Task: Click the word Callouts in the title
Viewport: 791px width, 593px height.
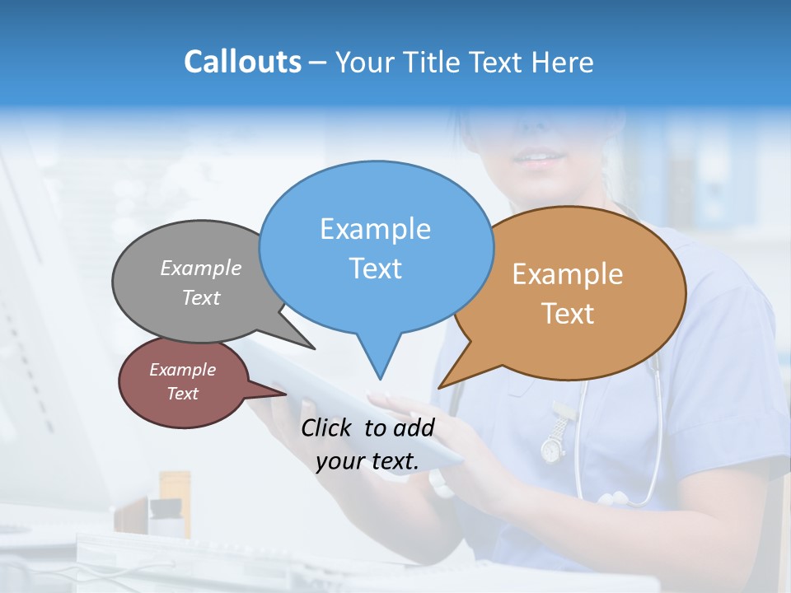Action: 242,62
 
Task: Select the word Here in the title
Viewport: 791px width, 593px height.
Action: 563,62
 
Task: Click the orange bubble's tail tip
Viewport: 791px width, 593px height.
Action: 440,387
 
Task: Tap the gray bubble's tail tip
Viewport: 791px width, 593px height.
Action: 313,348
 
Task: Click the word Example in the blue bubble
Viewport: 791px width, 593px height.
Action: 375,229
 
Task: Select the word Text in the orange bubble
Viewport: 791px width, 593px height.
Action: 568,314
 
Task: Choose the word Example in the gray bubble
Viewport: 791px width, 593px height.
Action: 201,268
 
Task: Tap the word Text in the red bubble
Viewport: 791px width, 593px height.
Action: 182,394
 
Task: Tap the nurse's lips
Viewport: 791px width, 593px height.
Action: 540,157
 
